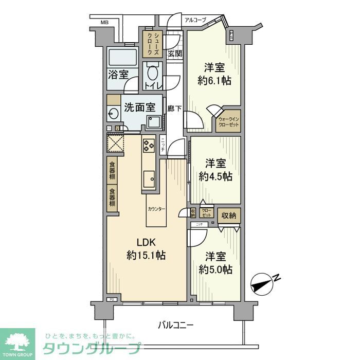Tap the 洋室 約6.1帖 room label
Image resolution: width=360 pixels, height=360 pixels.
[214, 74]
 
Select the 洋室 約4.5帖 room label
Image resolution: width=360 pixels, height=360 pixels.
[215, 170]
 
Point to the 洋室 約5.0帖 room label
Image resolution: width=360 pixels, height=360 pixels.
[215, 263]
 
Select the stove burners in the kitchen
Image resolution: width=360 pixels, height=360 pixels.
[149, 146]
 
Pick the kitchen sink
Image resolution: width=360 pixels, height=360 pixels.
[150, 178]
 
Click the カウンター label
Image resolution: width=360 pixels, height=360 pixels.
[156, 209]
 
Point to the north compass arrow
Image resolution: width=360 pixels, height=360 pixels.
[264, 283]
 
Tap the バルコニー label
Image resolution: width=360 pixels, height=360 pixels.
[175, 325]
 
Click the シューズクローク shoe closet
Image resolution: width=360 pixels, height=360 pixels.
[153, 44]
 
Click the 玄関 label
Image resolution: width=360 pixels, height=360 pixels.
[175, 53]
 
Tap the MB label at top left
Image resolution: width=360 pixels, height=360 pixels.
[104, 22]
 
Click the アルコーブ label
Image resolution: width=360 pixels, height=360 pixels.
[195, 20]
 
